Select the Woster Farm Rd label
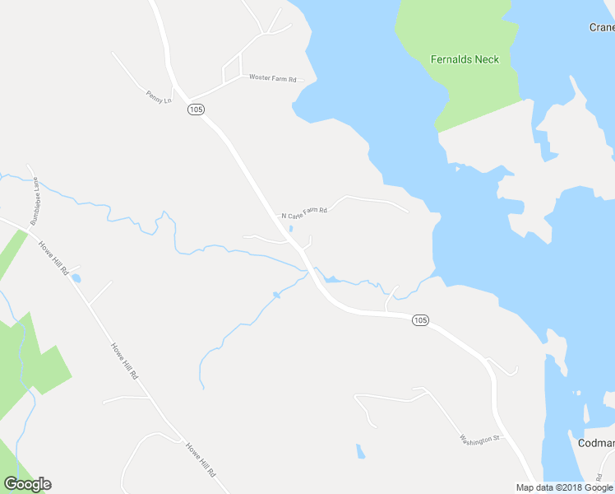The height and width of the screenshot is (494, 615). coord(271,77)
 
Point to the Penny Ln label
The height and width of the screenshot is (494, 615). coord(158,96)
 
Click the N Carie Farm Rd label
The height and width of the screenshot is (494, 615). coord(304,212)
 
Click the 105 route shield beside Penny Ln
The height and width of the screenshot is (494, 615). coord(195,110)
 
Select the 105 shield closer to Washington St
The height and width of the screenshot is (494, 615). coord(420,320)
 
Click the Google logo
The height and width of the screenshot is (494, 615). coord(27,484)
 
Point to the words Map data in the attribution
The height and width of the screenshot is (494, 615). coord(534,487)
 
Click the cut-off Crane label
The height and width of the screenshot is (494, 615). coord(602,27)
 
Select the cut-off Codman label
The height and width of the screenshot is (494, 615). coord(596,443)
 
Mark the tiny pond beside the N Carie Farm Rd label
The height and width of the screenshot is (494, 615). coord(290,229)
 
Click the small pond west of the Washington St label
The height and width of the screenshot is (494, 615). coord(359,450)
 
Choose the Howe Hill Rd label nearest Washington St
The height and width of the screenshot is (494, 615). coord(201,461)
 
